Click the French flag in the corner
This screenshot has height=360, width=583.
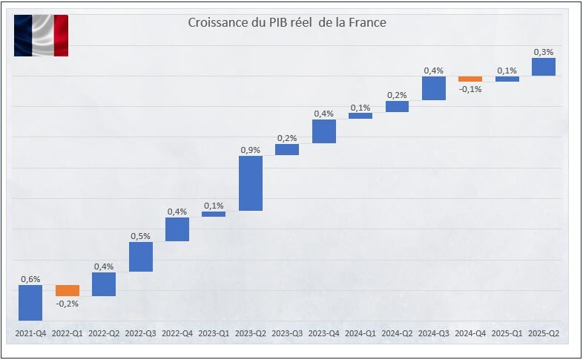(41, 36)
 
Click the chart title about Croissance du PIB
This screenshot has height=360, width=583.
(286, 23)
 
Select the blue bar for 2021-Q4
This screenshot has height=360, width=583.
(30, 303)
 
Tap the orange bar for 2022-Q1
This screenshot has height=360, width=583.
(67, 290)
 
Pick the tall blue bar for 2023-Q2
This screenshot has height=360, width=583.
(251, 183)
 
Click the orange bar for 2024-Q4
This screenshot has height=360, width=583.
(470, 79)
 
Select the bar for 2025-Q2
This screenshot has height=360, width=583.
(544, 67)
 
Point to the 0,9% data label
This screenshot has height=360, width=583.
(251, 150)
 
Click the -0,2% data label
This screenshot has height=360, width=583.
(67, 303)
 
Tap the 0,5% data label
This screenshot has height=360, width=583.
(141, 236)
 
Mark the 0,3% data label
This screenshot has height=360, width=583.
(544, 52)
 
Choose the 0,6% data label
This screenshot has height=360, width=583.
(30, 279)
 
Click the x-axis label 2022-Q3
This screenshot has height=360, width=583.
(140, 335)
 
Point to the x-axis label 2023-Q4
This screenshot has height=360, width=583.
(323, 335)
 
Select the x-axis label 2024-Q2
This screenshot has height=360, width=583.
(397, 335)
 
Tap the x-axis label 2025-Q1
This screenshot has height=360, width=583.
(507, 335)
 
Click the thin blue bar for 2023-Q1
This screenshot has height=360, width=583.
(214, 214)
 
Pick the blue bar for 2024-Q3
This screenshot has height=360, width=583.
(434, 88)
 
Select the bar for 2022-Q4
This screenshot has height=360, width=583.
(177, 229)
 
